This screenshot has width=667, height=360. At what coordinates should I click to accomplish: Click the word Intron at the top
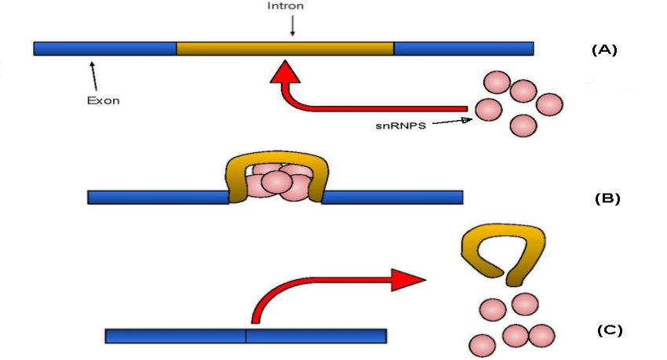pyautogui.click(x=292, y=6)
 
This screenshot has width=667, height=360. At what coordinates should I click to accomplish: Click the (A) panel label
pyautogui.click(x=604, y=49)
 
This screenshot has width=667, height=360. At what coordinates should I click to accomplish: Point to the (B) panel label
pyautogui.click(x=607, y=198)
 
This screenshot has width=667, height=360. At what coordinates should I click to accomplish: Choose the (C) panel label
pyautogui.click(x=609, y=330)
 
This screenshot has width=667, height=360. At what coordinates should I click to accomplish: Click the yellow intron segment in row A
pyautogui.click(x=285, y=49)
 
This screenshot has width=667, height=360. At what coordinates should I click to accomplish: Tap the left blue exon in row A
pyautogui.click(x=105, y=49)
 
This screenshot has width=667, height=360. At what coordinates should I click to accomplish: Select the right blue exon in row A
pyautogui.click(x=463, y=49)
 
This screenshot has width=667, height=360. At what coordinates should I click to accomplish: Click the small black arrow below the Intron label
pyautogui.click(x=293, y=27)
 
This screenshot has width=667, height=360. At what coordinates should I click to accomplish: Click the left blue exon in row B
pyautogui.click(x=158, y=198)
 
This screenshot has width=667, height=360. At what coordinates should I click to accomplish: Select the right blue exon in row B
pyautogui.click(x=392, y=198)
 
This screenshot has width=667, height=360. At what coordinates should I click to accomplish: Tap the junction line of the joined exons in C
pyautogui.click(x=246, y=336)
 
